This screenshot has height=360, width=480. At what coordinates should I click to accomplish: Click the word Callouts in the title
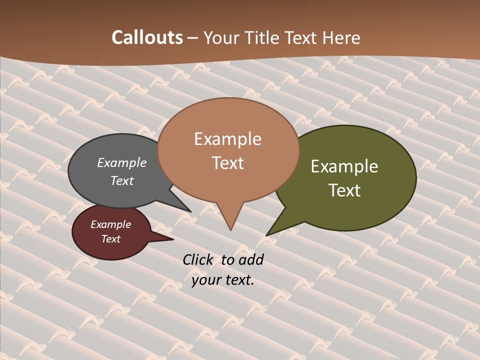(147, 37)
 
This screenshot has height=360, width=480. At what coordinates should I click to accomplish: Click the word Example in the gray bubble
(122, 162)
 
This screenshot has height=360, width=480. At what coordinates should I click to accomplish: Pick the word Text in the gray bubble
(122, 180)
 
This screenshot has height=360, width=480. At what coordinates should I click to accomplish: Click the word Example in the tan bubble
(227, 139)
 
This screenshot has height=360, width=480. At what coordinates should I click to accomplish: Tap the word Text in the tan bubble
(228, 163)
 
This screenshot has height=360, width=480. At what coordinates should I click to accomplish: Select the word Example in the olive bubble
(344, 166)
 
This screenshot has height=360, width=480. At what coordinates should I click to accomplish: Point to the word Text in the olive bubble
(344, 190)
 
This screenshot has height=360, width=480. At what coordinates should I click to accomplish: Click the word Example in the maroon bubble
(111, 224)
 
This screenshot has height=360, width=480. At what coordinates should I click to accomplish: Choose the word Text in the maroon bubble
(111, 239)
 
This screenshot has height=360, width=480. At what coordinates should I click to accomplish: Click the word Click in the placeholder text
(198, 259)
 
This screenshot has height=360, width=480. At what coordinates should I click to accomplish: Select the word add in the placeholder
(251, 259)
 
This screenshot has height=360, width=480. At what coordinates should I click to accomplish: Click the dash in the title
(193, 38)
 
